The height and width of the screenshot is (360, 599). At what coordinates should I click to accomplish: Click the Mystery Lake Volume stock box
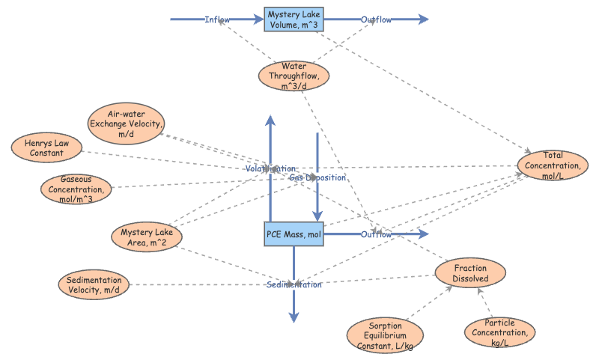[294, 19]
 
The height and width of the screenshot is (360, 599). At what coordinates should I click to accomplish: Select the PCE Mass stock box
[294, 235]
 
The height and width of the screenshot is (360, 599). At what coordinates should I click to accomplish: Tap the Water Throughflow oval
[294, 76]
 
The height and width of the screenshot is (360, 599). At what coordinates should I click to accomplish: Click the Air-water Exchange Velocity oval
[125, 123]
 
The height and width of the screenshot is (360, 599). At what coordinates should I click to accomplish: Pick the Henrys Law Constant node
[47, 147]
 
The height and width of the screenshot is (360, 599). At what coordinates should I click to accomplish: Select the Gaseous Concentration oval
[77, 189]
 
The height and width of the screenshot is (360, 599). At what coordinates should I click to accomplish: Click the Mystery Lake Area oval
[148, 237]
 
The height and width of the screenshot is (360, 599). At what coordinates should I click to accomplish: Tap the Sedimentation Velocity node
[94, 284]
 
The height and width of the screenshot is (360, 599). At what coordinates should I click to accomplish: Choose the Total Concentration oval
[553, 165]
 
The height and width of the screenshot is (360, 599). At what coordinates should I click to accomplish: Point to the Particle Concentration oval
[500, 332]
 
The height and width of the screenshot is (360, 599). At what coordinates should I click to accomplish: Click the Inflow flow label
[217, 19]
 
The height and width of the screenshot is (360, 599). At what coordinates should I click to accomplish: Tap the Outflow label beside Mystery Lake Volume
[376, 19]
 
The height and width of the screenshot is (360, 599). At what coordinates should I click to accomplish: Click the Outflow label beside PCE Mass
[376, 235]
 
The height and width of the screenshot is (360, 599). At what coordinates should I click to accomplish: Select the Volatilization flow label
[270, 169]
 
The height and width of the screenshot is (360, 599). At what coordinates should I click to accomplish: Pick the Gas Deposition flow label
[317, 178]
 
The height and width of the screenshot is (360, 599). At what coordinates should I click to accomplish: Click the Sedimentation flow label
[294, 285]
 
